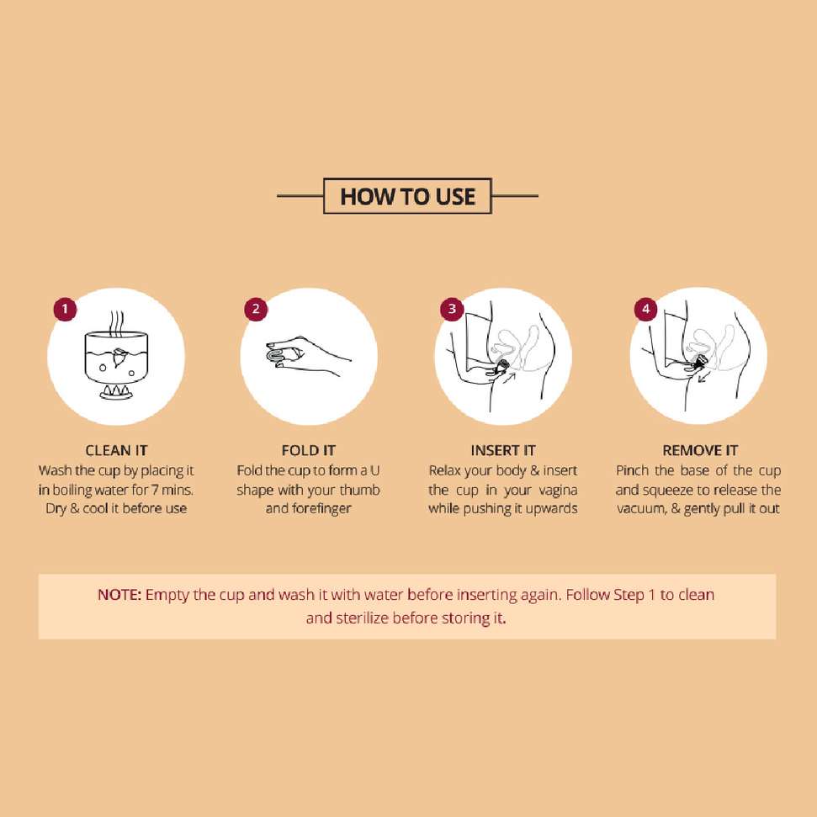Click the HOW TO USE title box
407,196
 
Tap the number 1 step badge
65,309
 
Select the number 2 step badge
256,309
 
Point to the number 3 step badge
452,309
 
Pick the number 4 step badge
645,309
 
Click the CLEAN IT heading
116,450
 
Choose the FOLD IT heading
309,450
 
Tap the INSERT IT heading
503,450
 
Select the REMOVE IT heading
700,450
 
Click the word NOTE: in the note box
119,595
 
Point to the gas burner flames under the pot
116,390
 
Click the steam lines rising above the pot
116,322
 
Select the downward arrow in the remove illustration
705,376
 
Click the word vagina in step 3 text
558,491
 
